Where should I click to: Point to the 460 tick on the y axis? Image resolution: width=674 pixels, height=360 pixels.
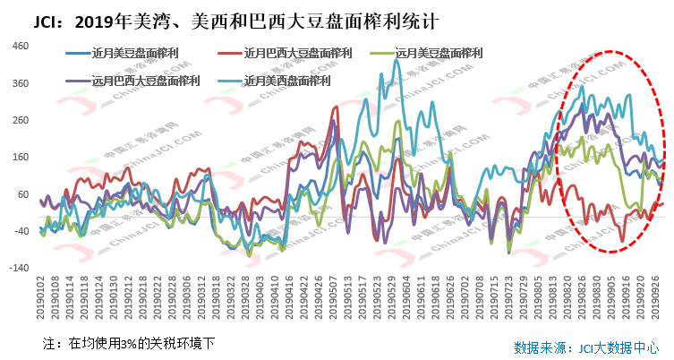click(21, 47)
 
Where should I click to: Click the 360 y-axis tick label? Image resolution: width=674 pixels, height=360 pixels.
click(21, 83)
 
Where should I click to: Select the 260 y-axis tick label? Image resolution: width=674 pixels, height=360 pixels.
click(21, 120)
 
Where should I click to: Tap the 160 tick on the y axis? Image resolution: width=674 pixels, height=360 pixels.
click(21, 157)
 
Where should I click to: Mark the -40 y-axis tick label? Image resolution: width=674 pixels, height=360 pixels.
click(21, 231)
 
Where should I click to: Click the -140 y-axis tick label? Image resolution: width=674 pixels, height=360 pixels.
click(19, 268)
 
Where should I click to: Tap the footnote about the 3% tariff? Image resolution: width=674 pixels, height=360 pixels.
click(129, 342)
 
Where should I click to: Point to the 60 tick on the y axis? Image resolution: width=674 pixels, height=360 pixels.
click(23, 194)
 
